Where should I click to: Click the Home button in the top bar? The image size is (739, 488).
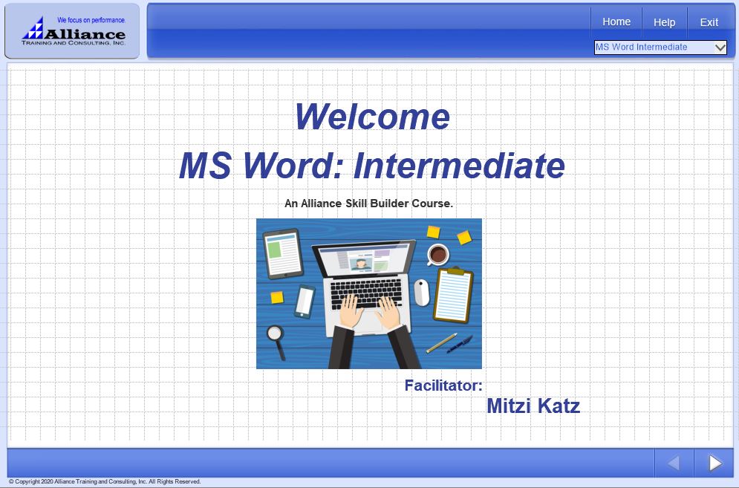point(616,22)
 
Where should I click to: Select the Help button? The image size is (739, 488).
point(664,22)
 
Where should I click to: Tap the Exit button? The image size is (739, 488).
point(709,22)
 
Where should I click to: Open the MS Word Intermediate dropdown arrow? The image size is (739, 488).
point(720,47)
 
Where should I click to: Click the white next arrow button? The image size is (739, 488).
point(715,463)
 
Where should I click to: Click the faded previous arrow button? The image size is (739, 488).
point(674,463)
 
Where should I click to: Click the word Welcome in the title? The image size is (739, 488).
point(372,117)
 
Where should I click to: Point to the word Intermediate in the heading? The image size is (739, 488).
point(459,166)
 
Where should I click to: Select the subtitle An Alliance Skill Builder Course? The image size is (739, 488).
point(368,204)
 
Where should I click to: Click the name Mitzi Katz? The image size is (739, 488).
point(533,406)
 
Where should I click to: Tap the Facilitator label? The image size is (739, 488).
point(443,385)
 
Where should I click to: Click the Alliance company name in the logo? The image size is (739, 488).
point(85,34)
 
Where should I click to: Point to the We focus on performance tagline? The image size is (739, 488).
point(91,20)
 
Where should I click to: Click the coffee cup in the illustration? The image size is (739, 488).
point(438,255)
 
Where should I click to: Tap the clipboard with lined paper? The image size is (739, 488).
point(453,295)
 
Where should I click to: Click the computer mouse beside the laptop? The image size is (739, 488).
point(421,293)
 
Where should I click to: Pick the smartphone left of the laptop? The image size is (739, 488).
point(305,302)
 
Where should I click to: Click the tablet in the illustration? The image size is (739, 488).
point(283,253)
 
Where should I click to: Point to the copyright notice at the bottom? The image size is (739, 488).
point(105,482)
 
